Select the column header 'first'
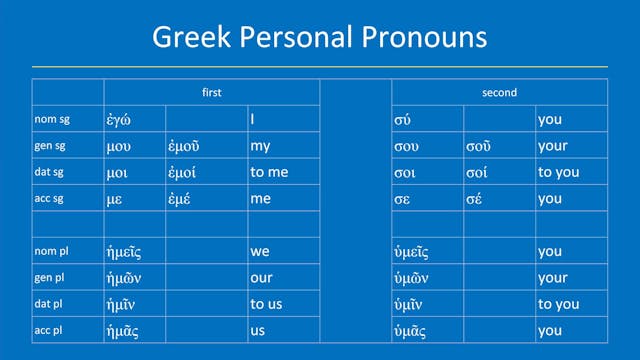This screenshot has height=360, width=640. tap(211, 93)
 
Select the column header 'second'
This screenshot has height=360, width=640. tap(498, 93)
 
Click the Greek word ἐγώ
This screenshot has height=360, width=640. tap(121, 120)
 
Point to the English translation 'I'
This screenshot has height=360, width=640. tap(252, 120)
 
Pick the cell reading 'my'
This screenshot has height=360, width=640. tap(260, 146)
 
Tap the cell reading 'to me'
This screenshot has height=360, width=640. tap(269, 172)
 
